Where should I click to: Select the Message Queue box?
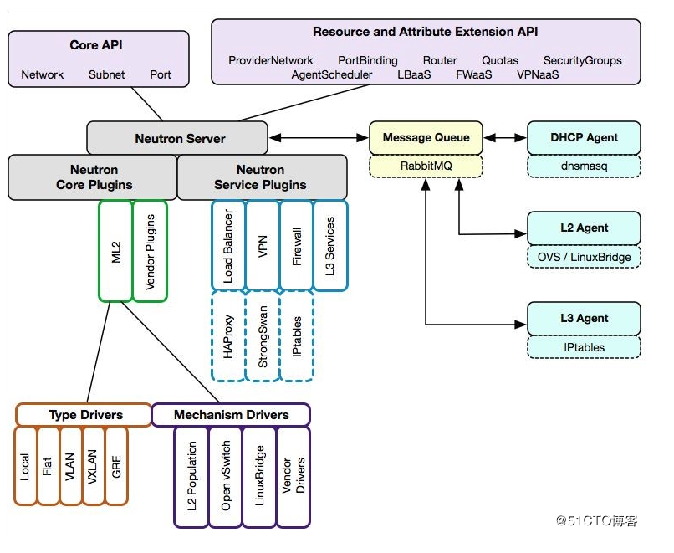tap(426, 138)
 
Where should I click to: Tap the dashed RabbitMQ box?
tap(426, 166)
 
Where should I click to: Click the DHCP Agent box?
tap(584, 138)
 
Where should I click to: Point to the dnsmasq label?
tap(584, 166)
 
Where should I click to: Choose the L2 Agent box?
tap(584, 228)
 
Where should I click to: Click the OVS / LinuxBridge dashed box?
tap(584, 256)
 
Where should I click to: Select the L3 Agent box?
tap(584, 318)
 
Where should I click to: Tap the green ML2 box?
tap(115, 251)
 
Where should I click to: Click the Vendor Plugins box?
tap(151, 251)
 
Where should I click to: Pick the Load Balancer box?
tap(227, 245)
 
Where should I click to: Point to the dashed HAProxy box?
tap(227, 336)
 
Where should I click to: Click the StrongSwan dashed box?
tap(263, 336)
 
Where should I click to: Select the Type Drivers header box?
tap(83, 415)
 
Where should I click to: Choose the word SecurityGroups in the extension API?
tap(582, 60)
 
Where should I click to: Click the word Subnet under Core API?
tap(106, 74)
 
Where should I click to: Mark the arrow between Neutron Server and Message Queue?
tap(319, 138)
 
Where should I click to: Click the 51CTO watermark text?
tap(596, 520)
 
